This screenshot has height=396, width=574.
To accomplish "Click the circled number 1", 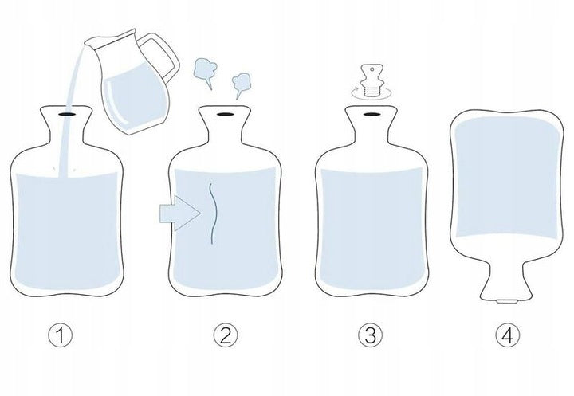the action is pyautogui.click(x=61, y=335).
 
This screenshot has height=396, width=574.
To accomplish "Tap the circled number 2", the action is pyautogui.click(x=226, y=335).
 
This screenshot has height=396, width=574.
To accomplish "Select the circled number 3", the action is pyautogui.click(x=370, y=335).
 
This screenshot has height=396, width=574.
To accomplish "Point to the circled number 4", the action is pyautogui.click(x=507, y=335).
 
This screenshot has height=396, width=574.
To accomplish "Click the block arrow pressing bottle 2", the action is pyautogui.click(x=179, y=213).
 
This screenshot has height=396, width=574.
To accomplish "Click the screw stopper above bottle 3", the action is pyautogui.click(x=372, y=80).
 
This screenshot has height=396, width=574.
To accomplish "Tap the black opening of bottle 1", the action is pyautogui.click(x=66, y=114).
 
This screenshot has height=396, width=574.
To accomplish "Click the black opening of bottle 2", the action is pyautogui.click(x=224, y=114).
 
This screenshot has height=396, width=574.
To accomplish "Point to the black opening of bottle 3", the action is pyautogui.click(x=372, y=115).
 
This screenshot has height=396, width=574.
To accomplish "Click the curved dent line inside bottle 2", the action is pyautogui.click(x=215, y=214).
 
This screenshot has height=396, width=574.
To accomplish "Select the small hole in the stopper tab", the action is pyautogui.click(x=372, y=69).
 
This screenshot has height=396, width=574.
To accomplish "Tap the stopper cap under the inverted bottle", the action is pyautogui.click(x=507, y=301).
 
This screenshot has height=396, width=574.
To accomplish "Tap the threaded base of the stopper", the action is pyautogui.click(x=372, y=90).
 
